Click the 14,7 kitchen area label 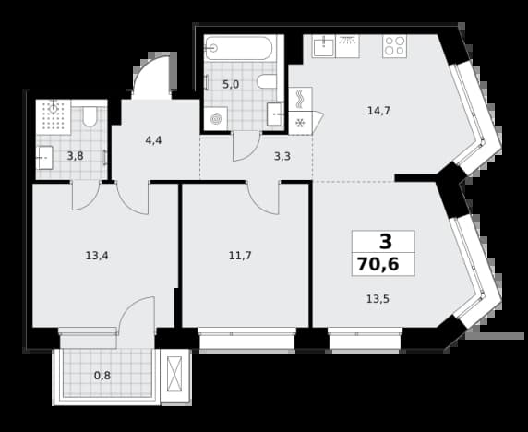(x=378, y=111)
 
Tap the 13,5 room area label (x=378, y=299)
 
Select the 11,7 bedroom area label (x=240, y=256)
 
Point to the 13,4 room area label (x=97, y=256)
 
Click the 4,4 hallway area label (x=153, y=140)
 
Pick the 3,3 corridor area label (x=282, y=156)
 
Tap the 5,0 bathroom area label (x=231, y=84)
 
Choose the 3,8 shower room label (x=75, y=156)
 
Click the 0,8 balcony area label (x=102, y=376)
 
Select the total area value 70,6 (x=378, y=264)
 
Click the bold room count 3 (x=386, y=242)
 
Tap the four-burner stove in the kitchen (x=395, y=46)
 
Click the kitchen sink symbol (x=323, y=46)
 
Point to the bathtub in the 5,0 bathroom (x=240, y=48)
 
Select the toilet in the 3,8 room (x=90, y=116)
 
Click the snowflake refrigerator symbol (x=300, y=124)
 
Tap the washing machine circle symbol (x=215, y=118)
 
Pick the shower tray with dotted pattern (x=54, y=117)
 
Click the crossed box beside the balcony (x=174, y=374)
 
